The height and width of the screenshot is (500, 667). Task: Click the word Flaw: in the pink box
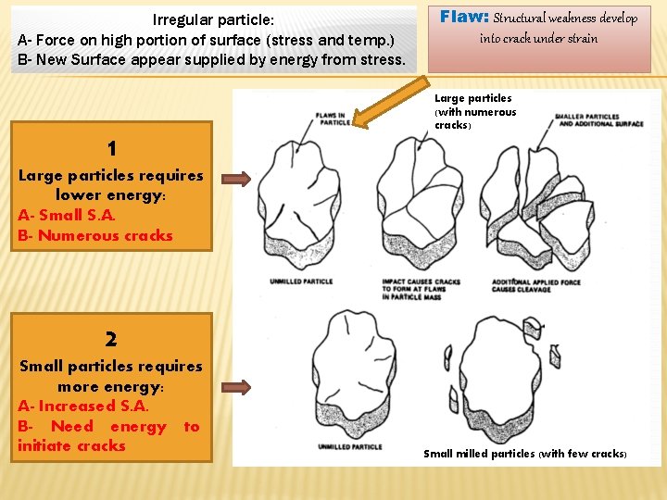click(464, 17)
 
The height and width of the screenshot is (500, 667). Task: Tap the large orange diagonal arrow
click(387, 100)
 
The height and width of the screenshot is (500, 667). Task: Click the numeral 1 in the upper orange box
click(111, 149)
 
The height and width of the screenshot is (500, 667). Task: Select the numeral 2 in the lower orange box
click(111, 340)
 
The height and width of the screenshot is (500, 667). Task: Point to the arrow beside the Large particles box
click(236, 179)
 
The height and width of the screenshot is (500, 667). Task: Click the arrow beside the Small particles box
click(236, 388)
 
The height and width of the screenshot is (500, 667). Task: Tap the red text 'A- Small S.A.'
click(67, 215)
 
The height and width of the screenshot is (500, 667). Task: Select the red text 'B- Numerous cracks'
click(95, 235)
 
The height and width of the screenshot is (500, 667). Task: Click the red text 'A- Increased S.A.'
click(83, 406)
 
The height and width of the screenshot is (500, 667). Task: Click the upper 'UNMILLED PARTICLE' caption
click(300, 281)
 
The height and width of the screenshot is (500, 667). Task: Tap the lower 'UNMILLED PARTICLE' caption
click(350, 447)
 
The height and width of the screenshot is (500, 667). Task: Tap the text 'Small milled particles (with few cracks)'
click(525, 454)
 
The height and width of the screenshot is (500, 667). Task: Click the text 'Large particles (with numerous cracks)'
click(475, 111)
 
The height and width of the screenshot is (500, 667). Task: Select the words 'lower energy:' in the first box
click(110, 194)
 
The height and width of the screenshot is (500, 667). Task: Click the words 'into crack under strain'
click(538, 38)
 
